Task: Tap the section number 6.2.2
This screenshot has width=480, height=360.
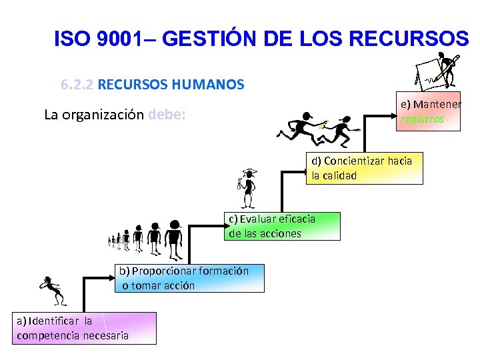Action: (77, 85)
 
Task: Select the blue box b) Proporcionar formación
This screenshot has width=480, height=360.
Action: (191, 278)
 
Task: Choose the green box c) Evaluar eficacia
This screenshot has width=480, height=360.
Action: (282, 226)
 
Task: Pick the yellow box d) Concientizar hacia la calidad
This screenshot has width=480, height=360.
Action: (365, 168)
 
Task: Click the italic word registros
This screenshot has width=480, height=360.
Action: (422, 119)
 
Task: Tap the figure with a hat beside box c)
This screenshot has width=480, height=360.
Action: (247, 187)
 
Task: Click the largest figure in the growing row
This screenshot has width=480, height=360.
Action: (174, 239)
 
